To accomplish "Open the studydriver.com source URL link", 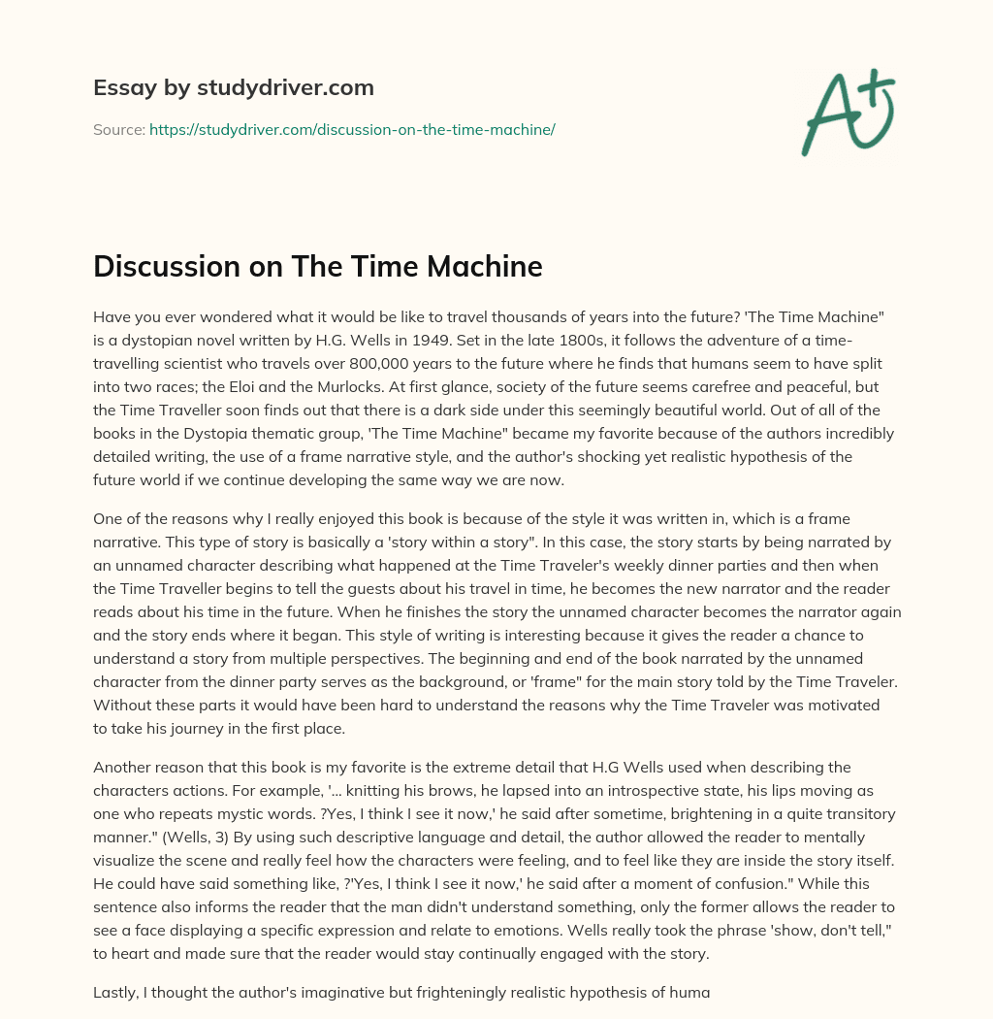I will pos(352,129).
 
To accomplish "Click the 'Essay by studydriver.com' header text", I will pos(234,87).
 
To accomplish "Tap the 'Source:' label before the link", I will pos(118,129).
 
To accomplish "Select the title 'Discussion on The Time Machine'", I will pos(317,268).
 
